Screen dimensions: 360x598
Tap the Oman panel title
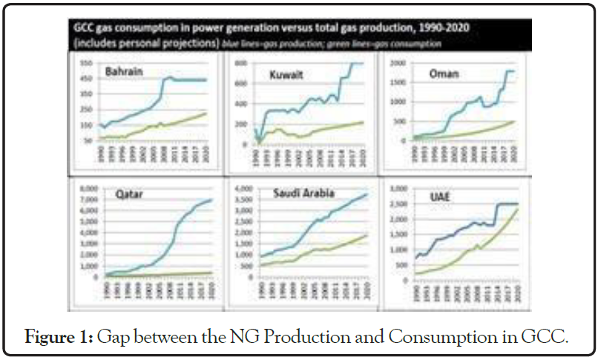pos(447,73)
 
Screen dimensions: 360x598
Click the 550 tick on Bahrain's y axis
pos(86,63)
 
